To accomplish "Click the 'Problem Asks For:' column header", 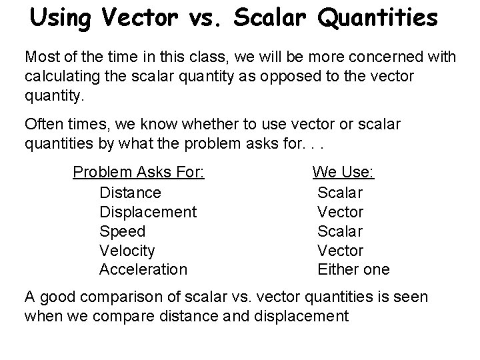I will click(x=139, y=173).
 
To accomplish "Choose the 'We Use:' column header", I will click(x=343, y=173).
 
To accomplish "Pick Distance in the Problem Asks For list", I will click(x=130, y=193).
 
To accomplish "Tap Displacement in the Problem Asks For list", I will click(x=147, y=212).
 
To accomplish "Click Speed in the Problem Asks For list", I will click(x=122, y=231).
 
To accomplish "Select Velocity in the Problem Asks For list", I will click(x=127, y=251).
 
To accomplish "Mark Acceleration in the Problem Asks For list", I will click(x=143, y=270).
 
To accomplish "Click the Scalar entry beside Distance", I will click(x=340, y=193).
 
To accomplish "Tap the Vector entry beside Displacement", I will click(x=340, y=212).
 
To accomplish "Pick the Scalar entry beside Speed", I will click(x=340, y=231).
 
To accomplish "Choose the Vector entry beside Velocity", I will click(x=340, y=251).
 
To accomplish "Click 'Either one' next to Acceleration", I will click(x=353, y=270).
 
